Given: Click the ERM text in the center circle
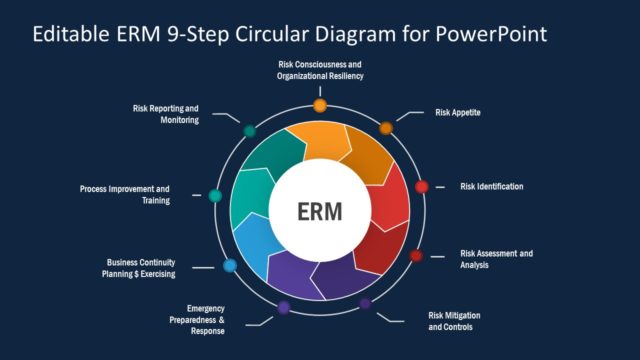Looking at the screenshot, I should click(319, 212).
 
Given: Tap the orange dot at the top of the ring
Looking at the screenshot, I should click(320, 105).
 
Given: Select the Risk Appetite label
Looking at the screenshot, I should click(458, 113).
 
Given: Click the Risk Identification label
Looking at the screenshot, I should click(491, 187).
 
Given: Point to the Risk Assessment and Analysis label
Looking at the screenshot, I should click(496, 260).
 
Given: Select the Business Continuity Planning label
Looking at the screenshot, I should click(141, 268).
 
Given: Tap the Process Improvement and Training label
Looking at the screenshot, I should click(125, 194).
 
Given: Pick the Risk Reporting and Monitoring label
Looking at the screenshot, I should click(166, 113).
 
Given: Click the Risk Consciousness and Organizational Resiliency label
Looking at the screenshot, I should click(320, 70).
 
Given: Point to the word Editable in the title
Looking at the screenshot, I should click(71, 34).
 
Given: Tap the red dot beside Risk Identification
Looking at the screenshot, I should click(421, 186).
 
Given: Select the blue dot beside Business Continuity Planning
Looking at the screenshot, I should click(229, 265).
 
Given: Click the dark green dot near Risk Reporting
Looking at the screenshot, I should click(249, 131).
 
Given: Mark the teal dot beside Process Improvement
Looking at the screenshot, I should click(215, 195).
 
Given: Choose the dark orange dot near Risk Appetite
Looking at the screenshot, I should click(386, 128).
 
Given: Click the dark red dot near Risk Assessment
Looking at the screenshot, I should click(416, 256).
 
